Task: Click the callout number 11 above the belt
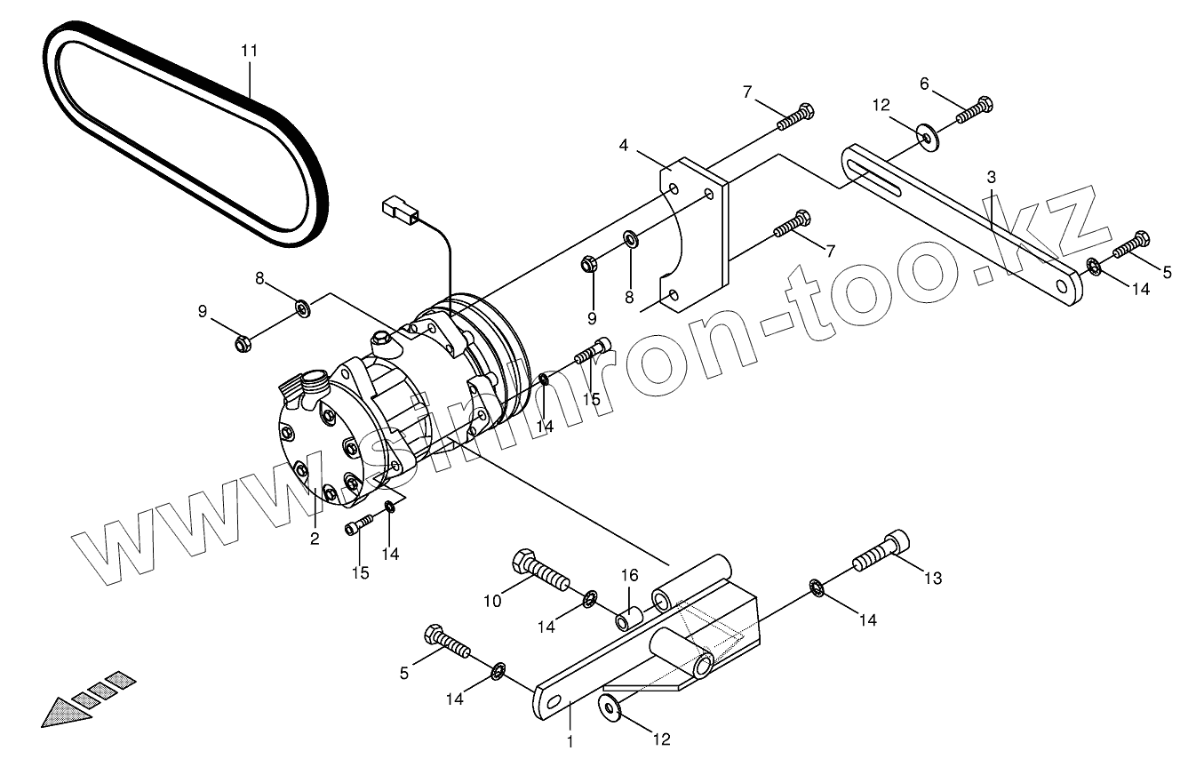click(249, 51)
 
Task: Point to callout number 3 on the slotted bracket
click(991, 178)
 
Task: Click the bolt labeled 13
click(883, 552)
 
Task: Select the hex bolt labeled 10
click(539, 571)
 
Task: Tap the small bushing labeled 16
click(629, 617)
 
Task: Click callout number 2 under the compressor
click(315, 538)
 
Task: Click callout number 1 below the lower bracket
click(570, 739)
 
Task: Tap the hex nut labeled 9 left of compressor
click(242, 343)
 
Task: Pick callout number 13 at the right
click(931, 579)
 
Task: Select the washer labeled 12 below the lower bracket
click(610, 707)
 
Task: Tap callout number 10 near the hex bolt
click(493, 601)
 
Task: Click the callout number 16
click(628, 576)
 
